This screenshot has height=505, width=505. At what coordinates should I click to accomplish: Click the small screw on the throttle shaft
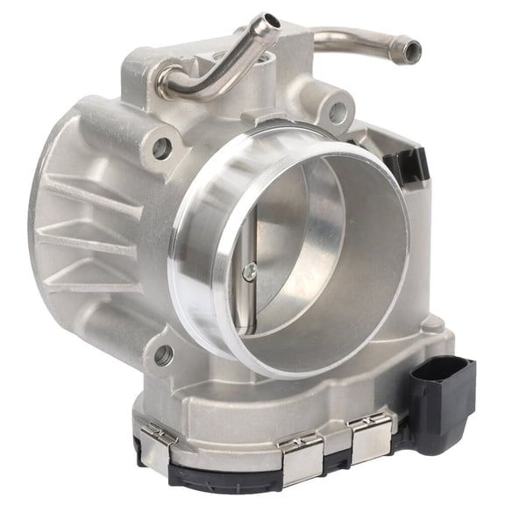(250, 272)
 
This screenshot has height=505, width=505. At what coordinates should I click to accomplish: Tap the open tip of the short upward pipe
(268, 20)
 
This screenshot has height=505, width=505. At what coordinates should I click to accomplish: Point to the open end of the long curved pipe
(410, 52)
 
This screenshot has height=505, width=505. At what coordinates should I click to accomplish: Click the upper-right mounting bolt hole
(336, 113)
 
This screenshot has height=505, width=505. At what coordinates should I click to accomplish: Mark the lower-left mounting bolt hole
(163, 355)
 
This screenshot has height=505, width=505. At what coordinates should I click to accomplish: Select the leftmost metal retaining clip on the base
(160, 435)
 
